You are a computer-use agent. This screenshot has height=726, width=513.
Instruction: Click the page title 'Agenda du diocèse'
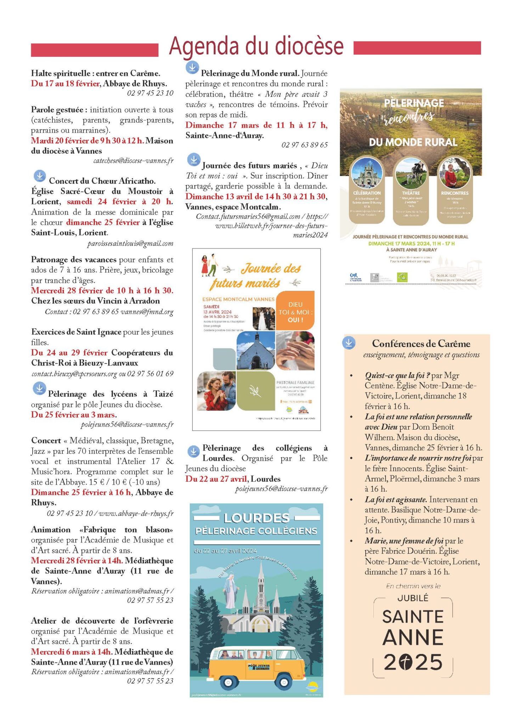click(x=256, y=46)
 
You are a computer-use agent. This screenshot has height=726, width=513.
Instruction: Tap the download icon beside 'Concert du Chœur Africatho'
click(x=40, y=176)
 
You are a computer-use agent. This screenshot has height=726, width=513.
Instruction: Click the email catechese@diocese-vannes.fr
click(x=133, y=161)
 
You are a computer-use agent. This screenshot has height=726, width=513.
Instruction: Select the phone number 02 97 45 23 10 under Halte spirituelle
click(x=150, y=93)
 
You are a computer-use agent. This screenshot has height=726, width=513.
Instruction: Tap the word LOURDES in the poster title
click(x=256, y=518)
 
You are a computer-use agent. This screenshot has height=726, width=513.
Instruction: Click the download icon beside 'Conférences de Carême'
click(x=349, y=343)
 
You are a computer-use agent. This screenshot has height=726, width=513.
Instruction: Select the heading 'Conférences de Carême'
click(x=421, y=344)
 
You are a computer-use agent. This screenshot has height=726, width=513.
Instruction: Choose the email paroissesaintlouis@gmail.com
click(x=130, y=244)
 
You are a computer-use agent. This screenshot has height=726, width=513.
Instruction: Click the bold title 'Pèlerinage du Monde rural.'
click(x=250, y=73)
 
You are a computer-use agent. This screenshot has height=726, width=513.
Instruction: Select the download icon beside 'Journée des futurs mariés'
click(x=193, y=160)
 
